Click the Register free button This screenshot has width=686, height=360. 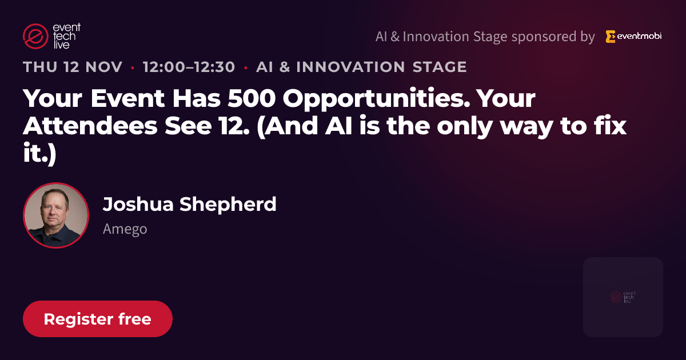tap(98, 319)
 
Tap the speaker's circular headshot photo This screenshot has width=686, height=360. tap(56, 215)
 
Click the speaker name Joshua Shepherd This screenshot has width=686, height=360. tap(190, 204)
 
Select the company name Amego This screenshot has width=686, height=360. tap(125, 229)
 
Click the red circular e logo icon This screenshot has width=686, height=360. tap(35, 36)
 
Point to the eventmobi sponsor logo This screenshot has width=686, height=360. tap(633, 37)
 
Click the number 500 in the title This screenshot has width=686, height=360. tap(252, 98)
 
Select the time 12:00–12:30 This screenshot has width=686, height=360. tap(189, 67)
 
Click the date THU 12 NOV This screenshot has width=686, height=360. tap(73, 67)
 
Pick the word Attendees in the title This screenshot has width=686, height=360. tap(90, 126)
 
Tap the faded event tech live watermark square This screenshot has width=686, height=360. tap(623, 297)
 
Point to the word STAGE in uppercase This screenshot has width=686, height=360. tap(440, 67)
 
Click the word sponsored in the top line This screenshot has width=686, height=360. tap(544, 37)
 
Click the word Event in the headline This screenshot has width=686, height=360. tap(127, 98)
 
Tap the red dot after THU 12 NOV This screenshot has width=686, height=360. tap(133, 67)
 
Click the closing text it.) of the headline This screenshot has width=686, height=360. tap(39, 154)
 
